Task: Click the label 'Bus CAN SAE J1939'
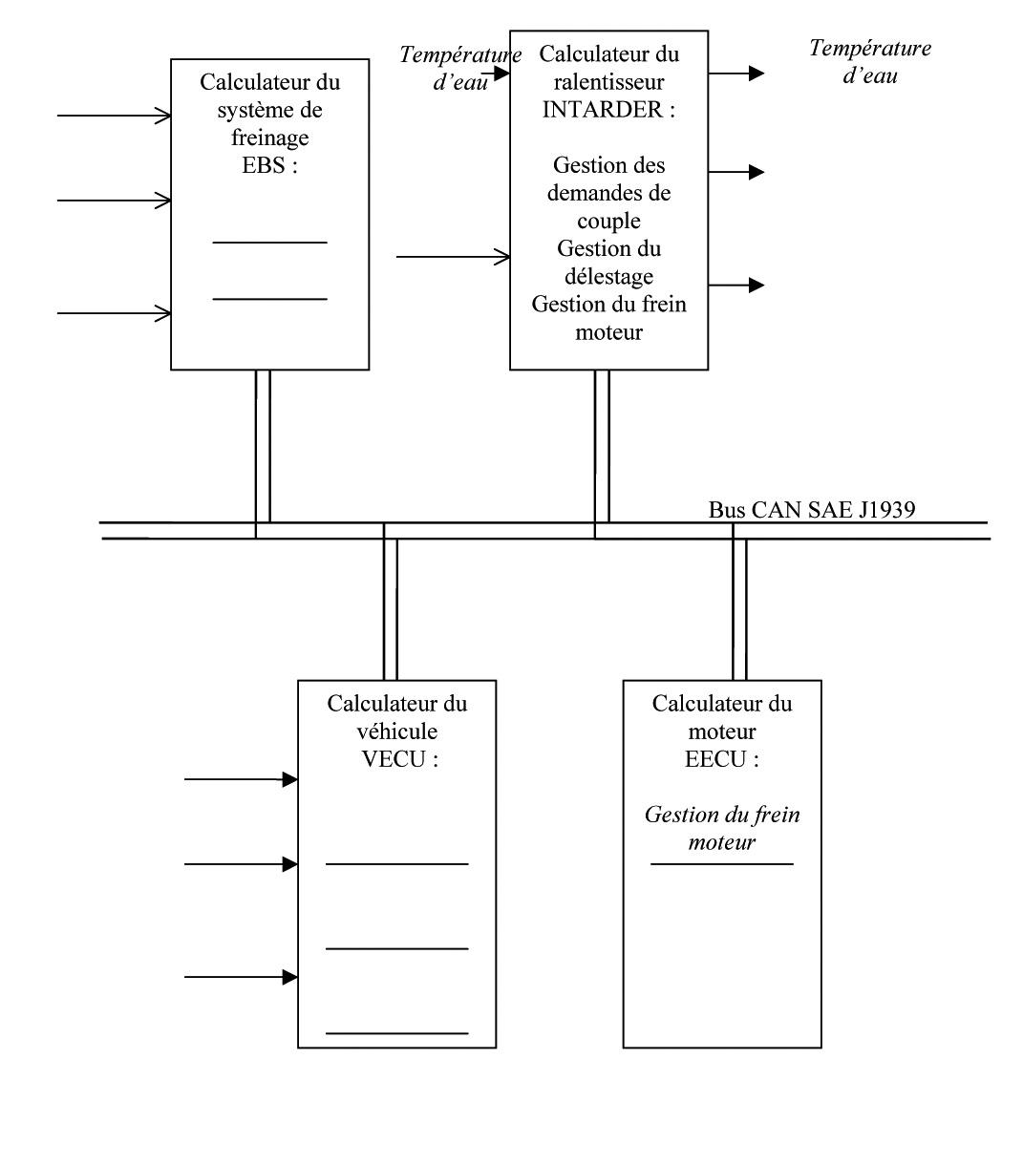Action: click(811, 510)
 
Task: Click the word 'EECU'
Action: click(713, 760)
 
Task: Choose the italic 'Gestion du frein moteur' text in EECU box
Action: click(722, 829)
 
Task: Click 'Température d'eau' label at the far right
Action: click(869, 61)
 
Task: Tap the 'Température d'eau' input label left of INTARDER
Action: click(458, 69)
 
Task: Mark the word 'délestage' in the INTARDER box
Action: click(609, 277)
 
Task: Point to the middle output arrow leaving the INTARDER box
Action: click(736, 172)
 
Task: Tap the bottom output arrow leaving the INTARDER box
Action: click(736, 285)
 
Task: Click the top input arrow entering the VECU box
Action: click(241, 779)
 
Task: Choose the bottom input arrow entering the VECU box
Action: click(241, 977)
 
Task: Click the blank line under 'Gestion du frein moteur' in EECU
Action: click(722, 864)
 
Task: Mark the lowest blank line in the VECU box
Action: click(397, 1033)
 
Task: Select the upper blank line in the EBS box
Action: click(269, 243)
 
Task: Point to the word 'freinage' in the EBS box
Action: click(270, 138)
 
